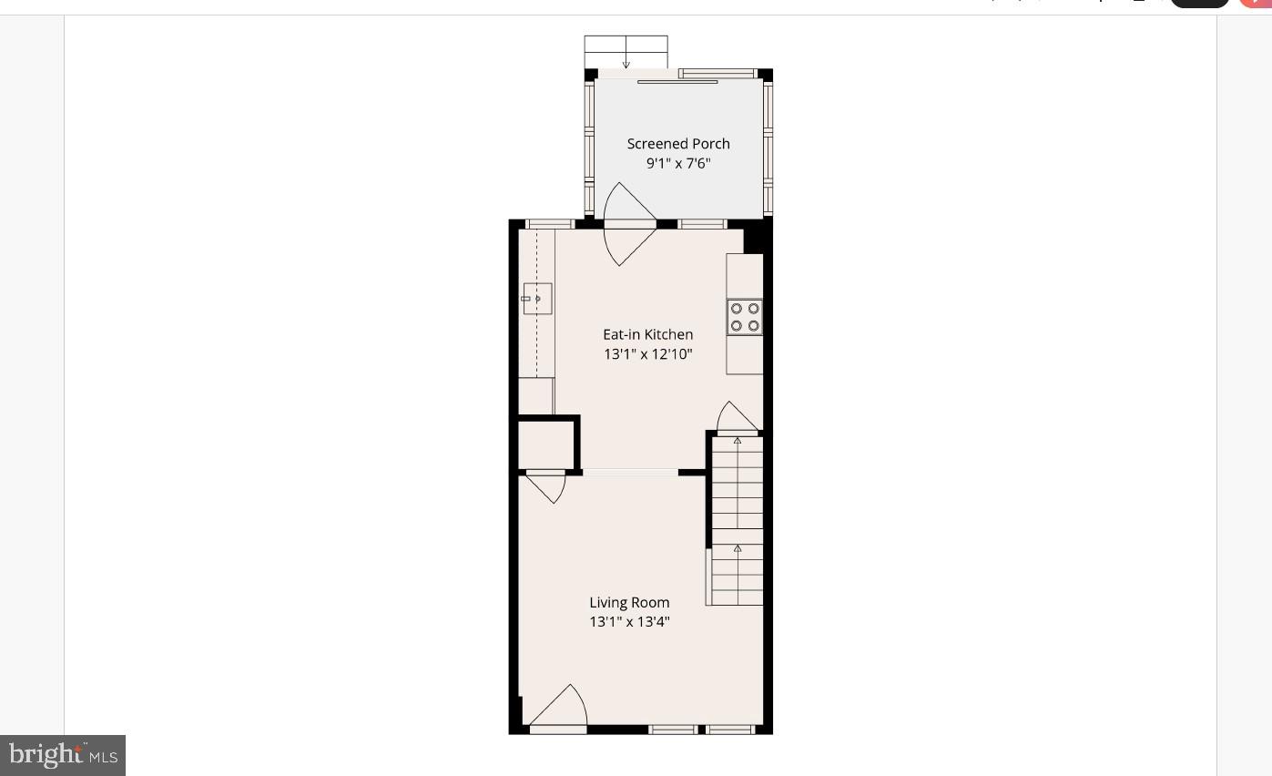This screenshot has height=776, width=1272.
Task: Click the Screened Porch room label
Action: [x=678, y=144]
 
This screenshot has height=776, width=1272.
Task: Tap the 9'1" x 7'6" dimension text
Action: [x=678, y=164]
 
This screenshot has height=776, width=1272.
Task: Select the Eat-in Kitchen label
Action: [x=647, y=334]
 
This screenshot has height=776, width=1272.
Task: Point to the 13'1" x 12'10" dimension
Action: [x=647, y=354]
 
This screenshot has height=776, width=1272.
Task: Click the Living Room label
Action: [x=629, y=602]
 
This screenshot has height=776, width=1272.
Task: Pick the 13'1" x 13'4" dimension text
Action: [x=629, y=622]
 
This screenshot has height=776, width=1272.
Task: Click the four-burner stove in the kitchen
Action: [x=745, y=317]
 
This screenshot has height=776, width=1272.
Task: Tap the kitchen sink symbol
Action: [x=537, y=299]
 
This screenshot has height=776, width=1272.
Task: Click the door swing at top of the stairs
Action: [x=737, y=418]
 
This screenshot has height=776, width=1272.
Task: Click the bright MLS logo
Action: [x=62, y=755]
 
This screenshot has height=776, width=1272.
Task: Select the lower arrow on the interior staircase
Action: [x=738, y=549]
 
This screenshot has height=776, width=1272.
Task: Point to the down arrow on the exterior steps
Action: [x=626, y=63]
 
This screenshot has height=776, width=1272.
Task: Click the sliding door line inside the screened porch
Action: [x=677, y=82]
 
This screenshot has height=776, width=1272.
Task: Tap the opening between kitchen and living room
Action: [x=630, y=472]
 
